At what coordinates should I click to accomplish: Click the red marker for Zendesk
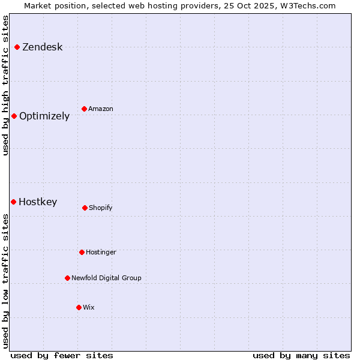point(17,47)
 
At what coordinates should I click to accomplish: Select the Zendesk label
point(42,47)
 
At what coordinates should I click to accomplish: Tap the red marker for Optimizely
point(14,116)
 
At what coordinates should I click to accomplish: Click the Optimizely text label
point(44,116)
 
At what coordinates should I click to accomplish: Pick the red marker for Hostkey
point(13,202)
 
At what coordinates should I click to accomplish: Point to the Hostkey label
point(38,202)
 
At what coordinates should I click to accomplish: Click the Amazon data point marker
point(84,109)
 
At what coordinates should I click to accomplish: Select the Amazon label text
point(101,109)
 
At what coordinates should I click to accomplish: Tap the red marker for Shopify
point(85,208)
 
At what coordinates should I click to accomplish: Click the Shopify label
point(101,208)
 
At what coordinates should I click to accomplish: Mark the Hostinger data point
point(82,252)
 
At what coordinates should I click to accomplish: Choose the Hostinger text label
point(101,253)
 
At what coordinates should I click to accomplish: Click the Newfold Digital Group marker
point(67,278)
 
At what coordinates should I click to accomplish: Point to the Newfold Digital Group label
point(106,278)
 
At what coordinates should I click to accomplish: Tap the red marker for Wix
point(79,307)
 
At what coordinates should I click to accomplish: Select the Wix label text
point(89,308)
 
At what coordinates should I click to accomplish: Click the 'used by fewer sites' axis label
point(62,355)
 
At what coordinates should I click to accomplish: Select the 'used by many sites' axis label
point(301,355)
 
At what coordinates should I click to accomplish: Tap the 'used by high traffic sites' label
point(6,85)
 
